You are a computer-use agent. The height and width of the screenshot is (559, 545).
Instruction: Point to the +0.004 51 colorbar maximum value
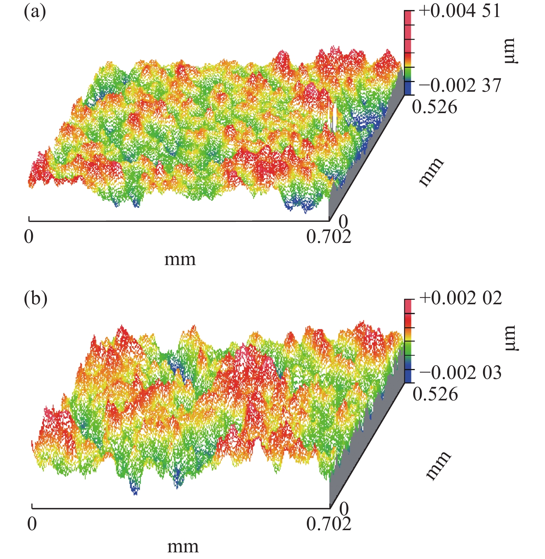click(x=460, y=11)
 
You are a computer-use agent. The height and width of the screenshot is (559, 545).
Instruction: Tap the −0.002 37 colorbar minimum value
click(x=460, y=86)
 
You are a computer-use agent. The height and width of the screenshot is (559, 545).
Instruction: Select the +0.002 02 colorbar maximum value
click(x=460, y=298)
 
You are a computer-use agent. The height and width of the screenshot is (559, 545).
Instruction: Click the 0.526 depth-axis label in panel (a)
click(x=435, y=107)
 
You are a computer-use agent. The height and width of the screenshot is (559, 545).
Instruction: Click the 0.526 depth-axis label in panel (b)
click(x=435, y=394)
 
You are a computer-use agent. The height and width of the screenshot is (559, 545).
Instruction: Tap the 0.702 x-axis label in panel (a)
click(x=329, y=237)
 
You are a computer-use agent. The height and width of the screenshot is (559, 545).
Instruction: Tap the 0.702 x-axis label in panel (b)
click(x=329, y=524)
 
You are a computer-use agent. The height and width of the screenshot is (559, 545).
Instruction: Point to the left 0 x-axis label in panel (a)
click(x=29, y=237)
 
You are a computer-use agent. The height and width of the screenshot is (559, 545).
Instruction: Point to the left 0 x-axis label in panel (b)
click(x=32, y=524)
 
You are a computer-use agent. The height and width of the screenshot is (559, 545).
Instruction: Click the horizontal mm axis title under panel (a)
click(x=180, y=260)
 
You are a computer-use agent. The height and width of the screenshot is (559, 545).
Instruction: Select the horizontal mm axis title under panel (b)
click(x=183, y=546)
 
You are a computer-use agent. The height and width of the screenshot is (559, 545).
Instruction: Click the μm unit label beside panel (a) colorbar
click(x=511, y=51)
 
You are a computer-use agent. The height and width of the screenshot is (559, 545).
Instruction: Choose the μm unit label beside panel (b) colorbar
click(x=511, y=338)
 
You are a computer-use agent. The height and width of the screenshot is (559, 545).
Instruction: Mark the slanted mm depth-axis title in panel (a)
click(x=431, y=172)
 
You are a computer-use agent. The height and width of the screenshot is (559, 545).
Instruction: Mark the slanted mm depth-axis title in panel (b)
click(x=438, y=465)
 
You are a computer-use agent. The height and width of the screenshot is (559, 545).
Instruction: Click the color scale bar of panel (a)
click(x=408, y=52)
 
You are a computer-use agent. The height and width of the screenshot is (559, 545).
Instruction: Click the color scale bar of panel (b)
click(x=408, y=341)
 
